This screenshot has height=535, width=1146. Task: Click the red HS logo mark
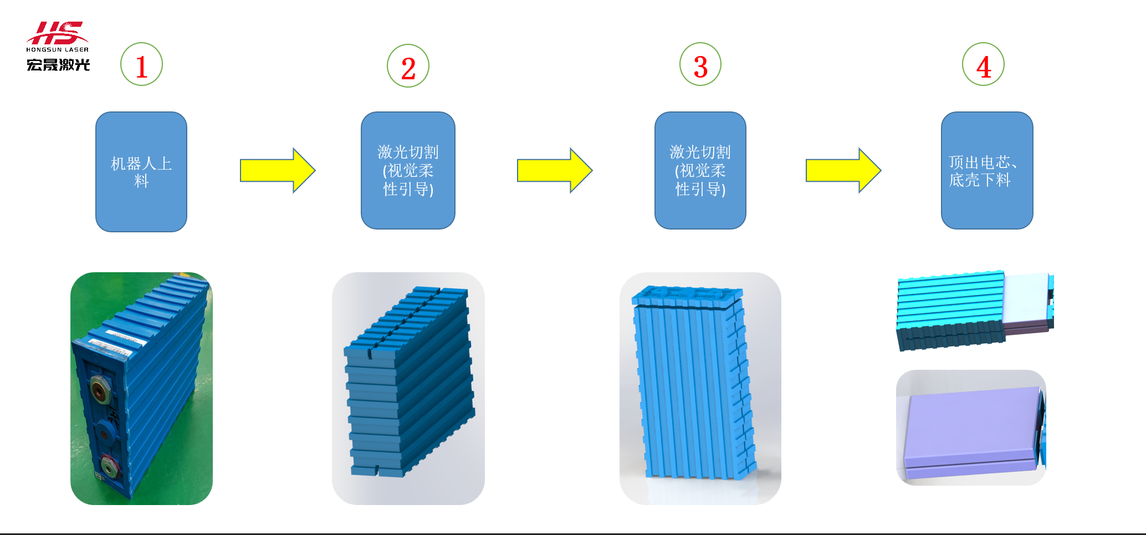click(57, 33)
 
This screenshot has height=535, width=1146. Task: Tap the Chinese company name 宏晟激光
click(58, 65)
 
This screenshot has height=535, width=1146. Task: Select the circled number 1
click(141, 65)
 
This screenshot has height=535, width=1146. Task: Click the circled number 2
click(408, 66)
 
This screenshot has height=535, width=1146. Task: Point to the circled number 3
click(700, 65)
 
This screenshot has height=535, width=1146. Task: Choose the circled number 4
click(983, 65)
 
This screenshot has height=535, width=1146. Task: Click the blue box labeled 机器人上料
click(141, 172)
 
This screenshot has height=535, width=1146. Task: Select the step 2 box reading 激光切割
click(408, 171)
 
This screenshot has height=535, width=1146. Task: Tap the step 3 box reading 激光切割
click(700, 171)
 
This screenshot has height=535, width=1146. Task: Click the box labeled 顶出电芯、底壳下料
click(987, 171)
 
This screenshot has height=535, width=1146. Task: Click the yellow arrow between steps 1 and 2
click(277, 170)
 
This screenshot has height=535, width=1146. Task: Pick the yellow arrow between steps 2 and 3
click(554, 170)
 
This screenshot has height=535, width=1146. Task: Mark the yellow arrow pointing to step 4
click(843, 170)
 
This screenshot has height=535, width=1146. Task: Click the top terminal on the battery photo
click(100, 388)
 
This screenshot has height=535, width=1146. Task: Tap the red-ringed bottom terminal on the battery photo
click(109, 465)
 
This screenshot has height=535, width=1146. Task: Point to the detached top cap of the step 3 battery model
click(687, 295)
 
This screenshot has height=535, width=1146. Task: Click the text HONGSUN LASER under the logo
click(58, 50)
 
